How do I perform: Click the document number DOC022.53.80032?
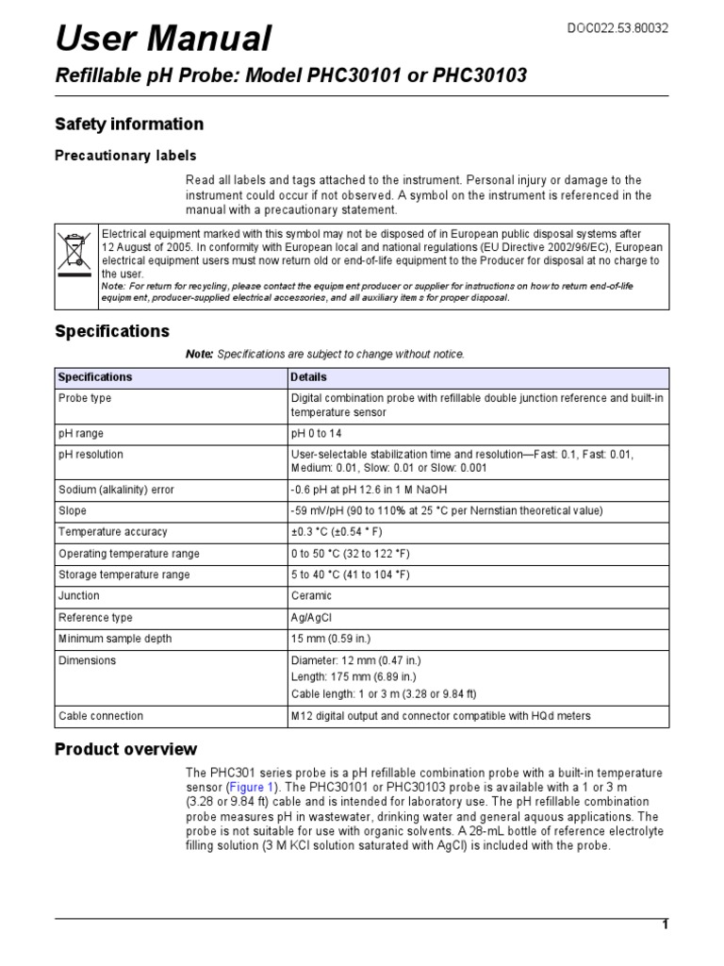(x=617, y=28)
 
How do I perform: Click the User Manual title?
(x=164, y=39)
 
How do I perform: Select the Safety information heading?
(x=129, y=124)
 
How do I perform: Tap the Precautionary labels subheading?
(x=125, y=155)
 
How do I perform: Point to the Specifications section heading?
(x=112, y=331)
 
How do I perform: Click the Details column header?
(x=309, y=376)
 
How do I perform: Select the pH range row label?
(x=81, y=433)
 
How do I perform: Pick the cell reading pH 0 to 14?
(x=322, y=433)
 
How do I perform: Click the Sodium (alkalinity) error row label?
(x=116, y=490)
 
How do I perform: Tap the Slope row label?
(x=74, y=510)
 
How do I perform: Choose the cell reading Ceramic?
(x=312, y=596)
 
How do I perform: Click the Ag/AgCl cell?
(x=312, y=618)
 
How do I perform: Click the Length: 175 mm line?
(x=354, y=676)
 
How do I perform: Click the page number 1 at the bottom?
(x=665, y=924)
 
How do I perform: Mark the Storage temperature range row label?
(x=123, y=575)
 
